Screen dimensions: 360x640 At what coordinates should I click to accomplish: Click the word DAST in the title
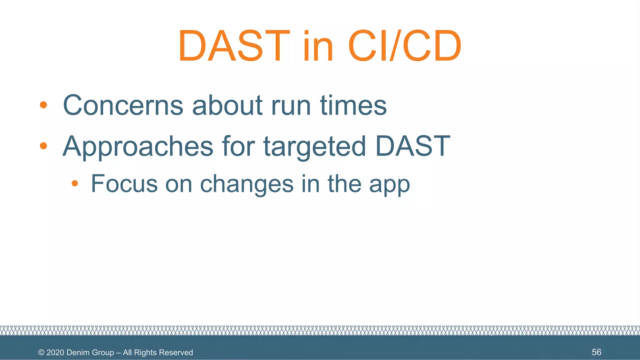click(x=234, y=46)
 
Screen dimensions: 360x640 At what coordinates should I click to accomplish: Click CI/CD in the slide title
click(x=404, y=46)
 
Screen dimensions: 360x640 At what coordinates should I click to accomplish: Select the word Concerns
click(x=123, y=105)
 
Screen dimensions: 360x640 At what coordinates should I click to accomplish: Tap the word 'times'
click(x=353, y=105)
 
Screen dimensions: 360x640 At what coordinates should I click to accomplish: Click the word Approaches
click(x=138, y=146)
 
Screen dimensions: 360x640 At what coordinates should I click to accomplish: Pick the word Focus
click(x=124, y=184)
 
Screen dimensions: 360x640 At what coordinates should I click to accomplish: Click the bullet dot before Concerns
click(x=43, y=105)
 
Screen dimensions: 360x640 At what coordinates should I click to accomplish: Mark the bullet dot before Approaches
click(x=43, y=146)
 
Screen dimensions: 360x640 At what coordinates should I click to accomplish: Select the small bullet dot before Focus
click(x=74, y=183)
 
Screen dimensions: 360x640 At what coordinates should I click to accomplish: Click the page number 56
click(x=596, y=352)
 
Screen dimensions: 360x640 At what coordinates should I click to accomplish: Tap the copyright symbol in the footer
click(x=41, y=352)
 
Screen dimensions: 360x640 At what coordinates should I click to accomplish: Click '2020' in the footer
click(x=55, y=352)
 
